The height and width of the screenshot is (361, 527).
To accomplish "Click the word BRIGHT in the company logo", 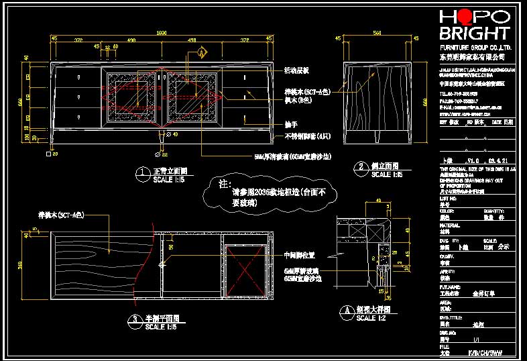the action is click(474, 34).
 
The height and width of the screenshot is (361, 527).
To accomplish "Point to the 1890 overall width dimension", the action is click(162, 32).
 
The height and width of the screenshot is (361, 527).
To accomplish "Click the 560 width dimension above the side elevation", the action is click(377, 32).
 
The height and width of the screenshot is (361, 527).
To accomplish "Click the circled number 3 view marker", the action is click(135, 319).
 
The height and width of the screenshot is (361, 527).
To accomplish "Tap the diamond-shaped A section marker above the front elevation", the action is click(201, 52).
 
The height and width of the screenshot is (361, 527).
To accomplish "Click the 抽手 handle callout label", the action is click(290, 125).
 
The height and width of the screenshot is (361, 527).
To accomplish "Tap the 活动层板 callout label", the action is click(296, 70).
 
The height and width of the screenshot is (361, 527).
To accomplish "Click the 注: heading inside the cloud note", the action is click(225, 183).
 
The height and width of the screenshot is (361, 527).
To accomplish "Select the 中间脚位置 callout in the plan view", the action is click(300, 255).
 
